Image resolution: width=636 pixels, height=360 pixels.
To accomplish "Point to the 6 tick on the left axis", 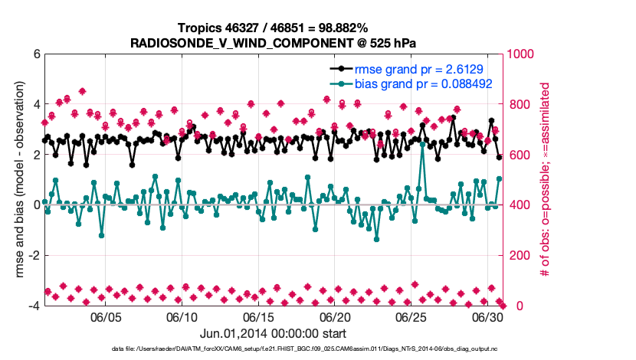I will [37, 54].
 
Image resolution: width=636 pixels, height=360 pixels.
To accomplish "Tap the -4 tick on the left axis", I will [34, 306].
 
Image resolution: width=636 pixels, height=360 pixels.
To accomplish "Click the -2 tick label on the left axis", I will [34, 255].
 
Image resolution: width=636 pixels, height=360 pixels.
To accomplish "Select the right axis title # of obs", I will [546, 180].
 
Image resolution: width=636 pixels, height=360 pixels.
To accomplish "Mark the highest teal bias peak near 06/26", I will [423, 143].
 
